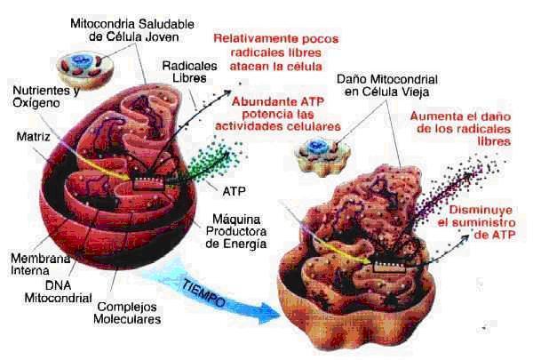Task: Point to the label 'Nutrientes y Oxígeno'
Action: click(44, 97)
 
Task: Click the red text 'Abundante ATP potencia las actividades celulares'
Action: click(285, 114)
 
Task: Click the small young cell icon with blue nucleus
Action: click(78, 64)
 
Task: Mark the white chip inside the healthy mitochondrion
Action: click(144, 183)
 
